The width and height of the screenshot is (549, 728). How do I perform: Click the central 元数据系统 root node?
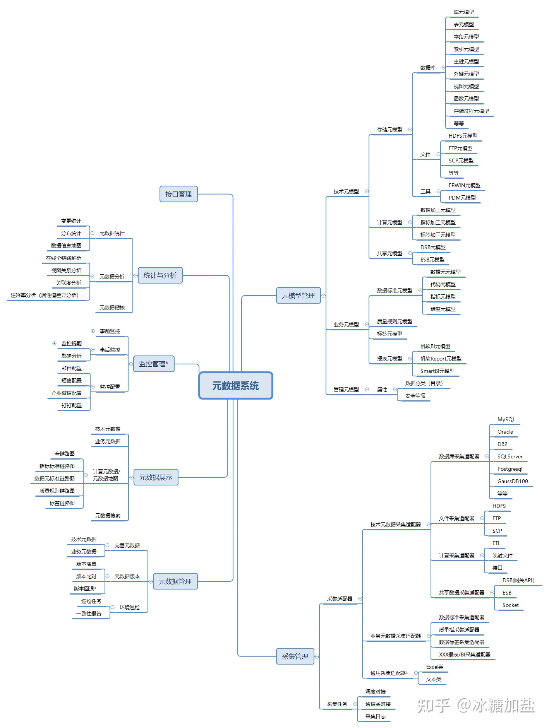[235, 386]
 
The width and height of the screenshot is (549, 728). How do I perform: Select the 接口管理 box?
[178, 194]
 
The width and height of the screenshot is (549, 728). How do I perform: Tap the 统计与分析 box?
[160, 275]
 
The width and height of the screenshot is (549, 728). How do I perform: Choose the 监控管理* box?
[154, 364]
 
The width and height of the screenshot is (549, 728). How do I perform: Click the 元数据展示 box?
[156, 477]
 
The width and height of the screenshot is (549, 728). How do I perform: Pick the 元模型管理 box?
[298, 296]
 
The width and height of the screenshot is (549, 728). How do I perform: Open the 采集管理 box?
[295, 656]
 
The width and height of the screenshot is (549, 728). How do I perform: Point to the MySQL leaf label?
[506, 419]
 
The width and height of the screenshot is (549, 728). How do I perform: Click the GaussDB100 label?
[512, 481]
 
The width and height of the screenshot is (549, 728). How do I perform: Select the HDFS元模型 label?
[463, 136]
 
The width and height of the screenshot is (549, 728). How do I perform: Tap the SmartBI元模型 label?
[437, 371]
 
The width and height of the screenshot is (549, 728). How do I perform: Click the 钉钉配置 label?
[72, 405]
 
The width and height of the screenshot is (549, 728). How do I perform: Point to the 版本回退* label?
[85, 589]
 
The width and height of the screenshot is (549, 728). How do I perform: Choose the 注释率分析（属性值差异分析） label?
[45, 295]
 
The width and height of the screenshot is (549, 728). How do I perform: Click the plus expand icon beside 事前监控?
[93, 331]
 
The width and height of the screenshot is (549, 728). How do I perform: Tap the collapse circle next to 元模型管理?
[323, 296]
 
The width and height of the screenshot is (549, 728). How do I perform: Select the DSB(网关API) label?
[518, 580]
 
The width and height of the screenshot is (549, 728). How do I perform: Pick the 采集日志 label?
[375, 716]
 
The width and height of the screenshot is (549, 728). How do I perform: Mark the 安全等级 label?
[415, 396]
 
